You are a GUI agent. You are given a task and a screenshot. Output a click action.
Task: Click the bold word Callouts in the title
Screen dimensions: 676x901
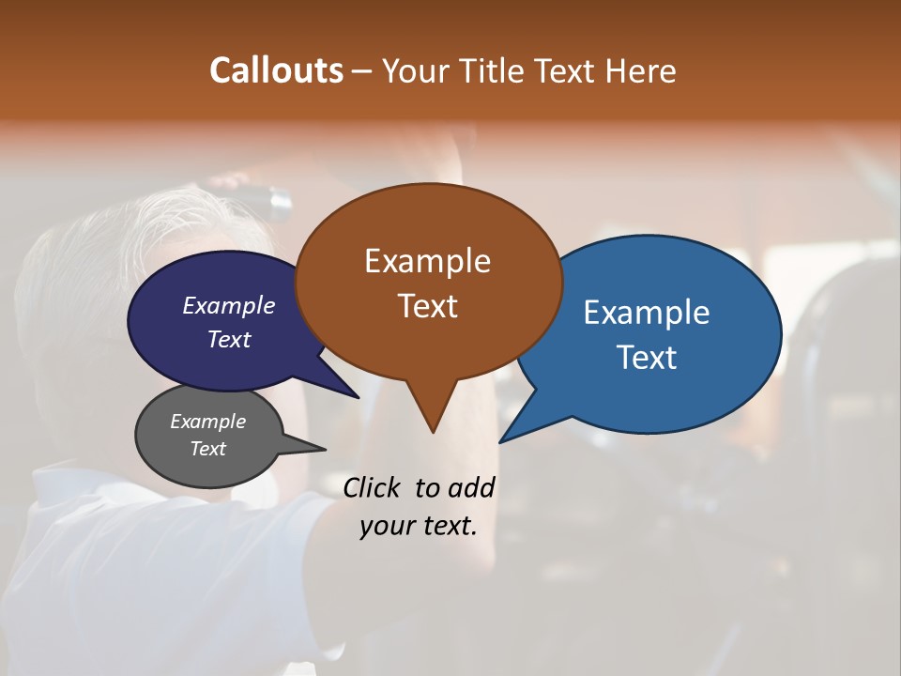tap(276, 70)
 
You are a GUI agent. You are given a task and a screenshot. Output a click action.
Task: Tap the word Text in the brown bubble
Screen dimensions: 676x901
tap(428, 305)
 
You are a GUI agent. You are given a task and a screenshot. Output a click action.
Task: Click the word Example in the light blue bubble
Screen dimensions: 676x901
tap(647, 312)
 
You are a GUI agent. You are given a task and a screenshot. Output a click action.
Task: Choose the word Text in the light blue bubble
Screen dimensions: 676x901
tap(647, 357)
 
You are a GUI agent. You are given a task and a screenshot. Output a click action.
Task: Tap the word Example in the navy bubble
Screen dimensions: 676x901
tap(229, 305)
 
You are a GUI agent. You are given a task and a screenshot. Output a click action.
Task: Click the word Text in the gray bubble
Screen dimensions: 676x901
tap(208, 449)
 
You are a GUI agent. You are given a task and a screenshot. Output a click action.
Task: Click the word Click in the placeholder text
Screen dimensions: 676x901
tap(372, 487)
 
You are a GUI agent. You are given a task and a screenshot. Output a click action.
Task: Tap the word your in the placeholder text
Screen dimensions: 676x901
tap(386, 526)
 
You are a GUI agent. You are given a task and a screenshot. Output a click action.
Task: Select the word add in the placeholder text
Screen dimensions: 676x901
tap(471, 487)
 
